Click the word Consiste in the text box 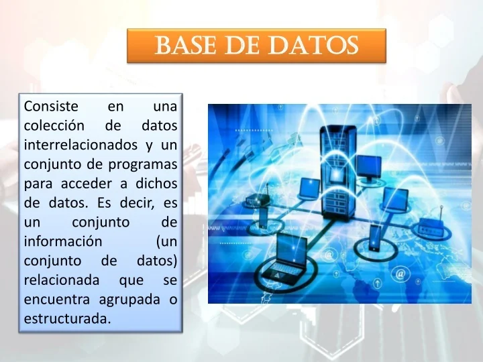coord(51,106)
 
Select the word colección coord(54,125)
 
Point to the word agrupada coord(127,300)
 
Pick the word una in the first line coord(165,106)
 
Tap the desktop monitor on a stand coord(368,167)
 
